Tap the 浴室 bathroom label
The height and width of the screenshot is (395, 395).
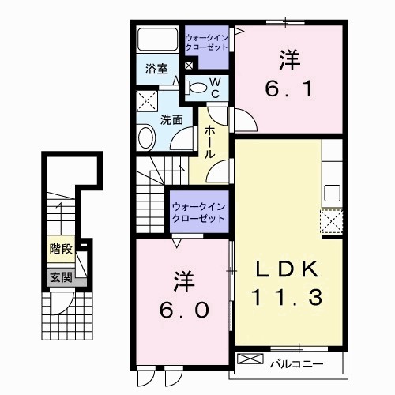point(156,70)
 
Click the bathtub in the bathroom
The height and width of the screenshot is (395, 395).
point(157,40)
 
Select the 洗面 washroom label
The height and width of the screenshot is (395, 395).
point(171,120)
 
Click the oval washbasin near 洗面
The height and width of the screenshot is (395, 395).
point(146,139)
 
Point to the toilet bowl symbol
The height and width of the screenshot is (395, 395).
point(198,88)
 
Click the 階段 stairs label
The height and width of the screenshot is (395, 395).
point(61,249)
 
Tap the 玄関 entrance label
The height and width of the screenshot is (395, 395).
point(61,277)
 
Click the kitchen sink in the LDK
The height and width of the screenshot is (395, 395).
point(331,193)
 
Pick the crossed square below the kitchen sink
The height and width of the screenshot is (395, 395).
point(330,220)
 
